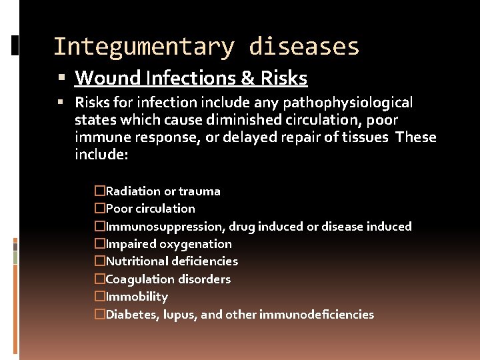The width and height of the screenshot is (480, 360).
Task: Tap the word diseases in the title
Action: coord(304,47)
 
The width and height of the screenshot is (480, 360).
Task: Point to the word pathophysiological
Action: coord(347,103)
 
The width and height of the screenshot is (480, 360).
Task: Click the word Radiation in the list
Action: coord(134,191)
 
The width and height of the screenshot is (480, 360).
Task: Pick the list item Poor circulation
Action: coord(150,209)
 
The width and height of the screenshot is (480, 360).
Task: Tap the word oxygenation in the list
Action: coord(195,244)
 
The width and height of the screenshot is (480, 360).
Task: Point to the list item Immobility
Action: coord(137,297)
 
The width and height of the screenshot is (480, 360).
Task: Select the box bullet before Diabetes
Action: coord(100,314)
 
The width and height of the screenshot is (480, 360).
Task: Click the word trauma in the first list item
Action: coord(199,191)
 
